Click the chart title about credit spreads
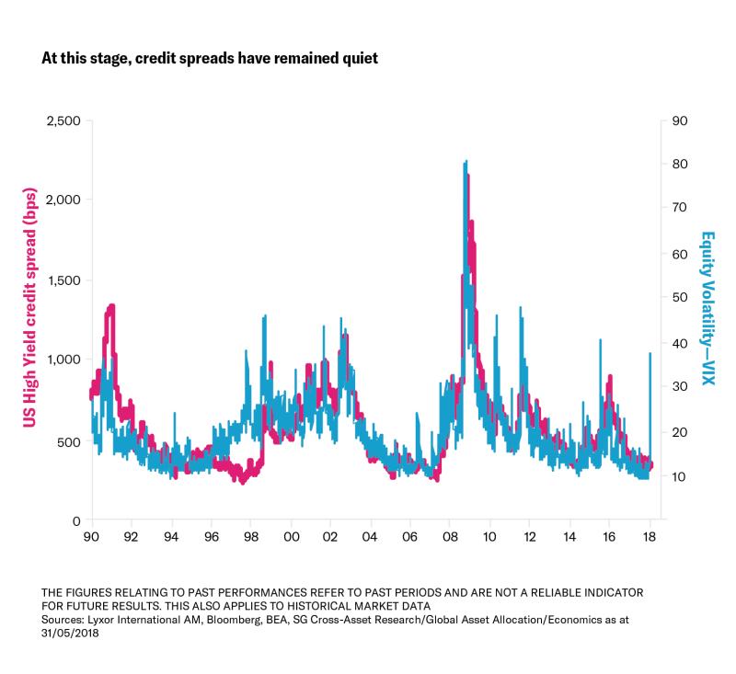[x=210, y=58]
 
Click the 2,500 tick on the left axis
[x=63, y=120]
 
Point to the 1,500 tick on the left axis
[x=63, y=280]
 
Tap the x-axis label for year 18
[x=649, y=537]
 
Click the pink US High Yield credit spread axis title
[x=29, y=320]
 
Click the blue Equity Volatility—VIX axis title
[x=708, y=308]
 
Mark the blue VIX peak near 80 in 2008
[x=466, y=162]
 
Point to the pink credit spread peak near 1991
[x=111, y=305]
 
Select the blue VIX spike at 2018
[x=650, y=354]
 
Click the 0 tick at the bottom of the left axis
[x=77, y=520]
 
